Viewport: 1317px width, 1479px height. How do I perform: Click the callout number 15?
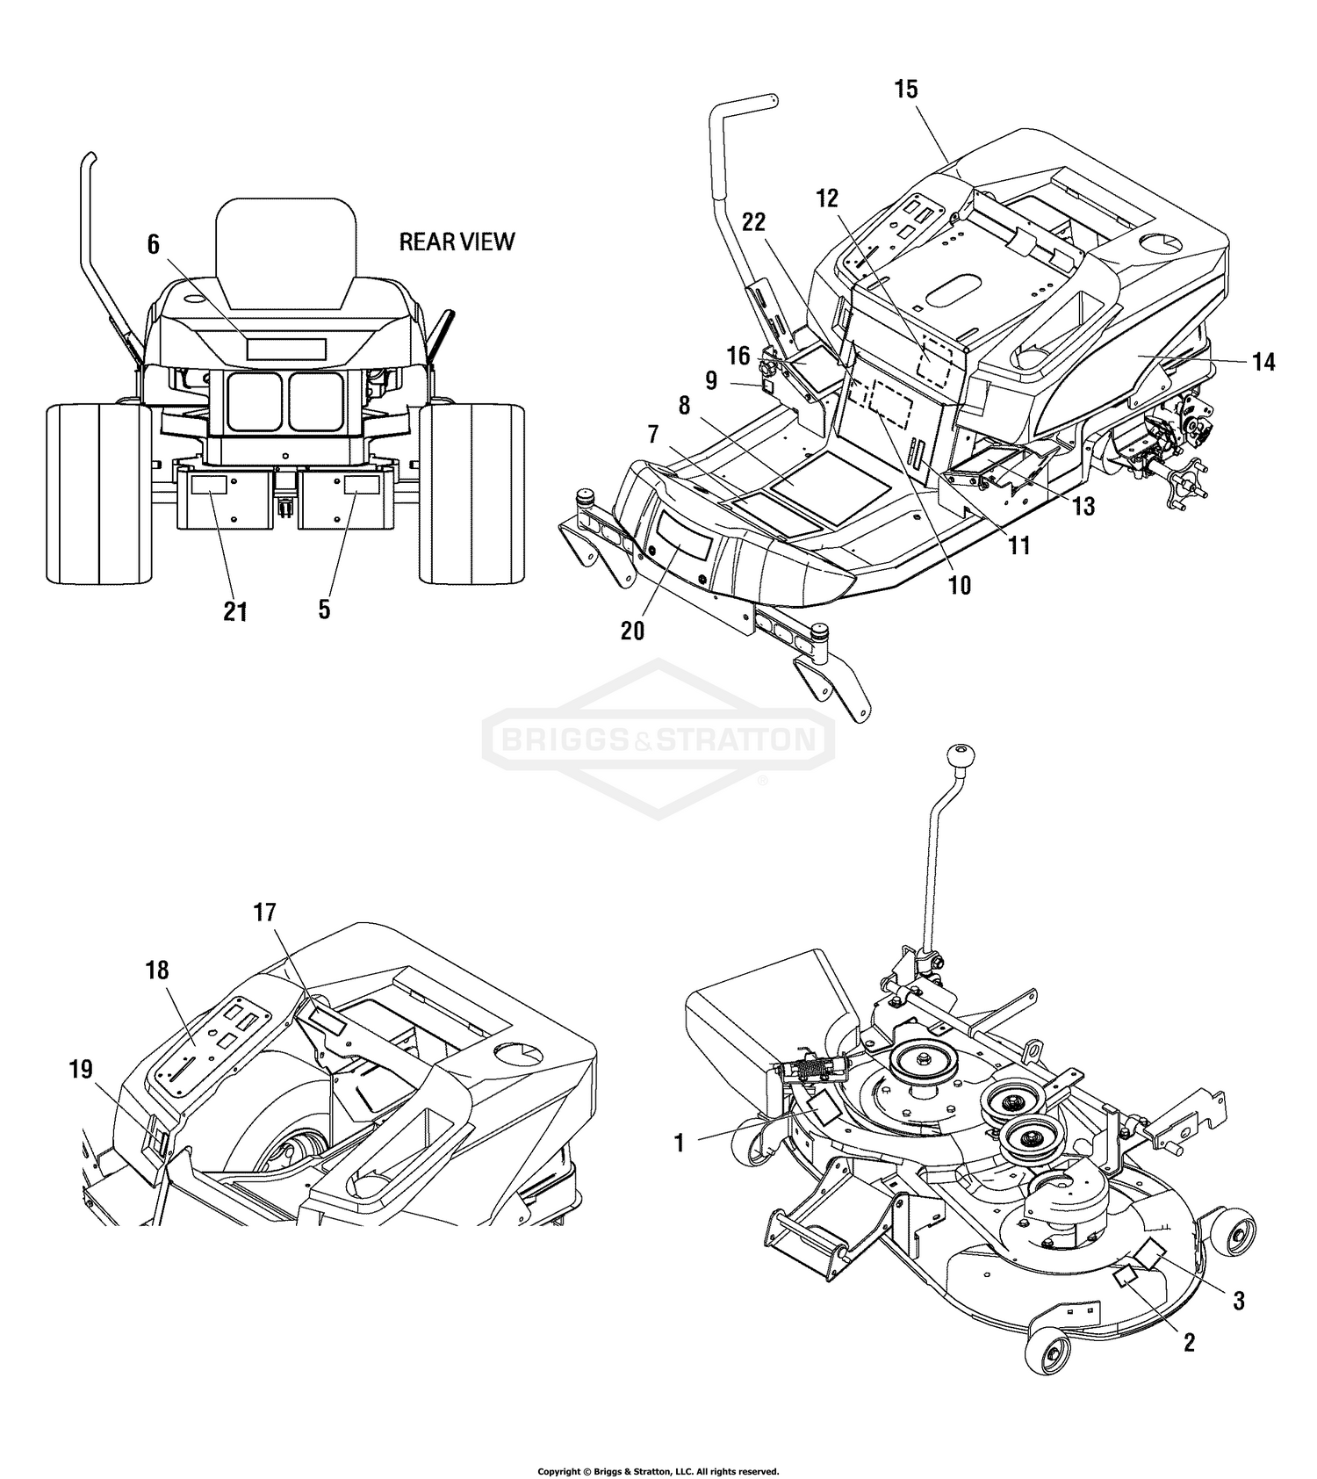coord(906,89)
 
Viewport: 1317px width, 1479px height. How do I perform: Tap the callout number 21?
coord(235,611)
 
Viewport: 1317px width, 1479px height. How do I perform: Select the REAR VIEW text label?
coord(457,242)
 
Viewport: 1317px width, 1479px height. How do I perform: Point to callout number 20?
coord(632,631)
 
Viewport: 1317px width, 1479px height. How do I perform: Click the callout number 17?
coord(264,913)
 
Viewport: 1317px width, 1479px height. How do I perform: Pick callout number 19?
coord(82,1069)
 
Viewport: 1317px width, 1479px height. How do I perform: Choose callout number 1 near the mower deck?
coord(678,1143)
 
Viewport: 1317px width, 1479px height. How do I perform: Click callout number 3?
coord(1238,1301)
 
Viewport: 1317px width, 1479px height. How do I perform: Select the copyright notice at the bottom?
coord(658,1471)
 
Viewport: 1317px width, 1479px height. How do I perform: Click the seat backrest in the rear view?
coord(287,253)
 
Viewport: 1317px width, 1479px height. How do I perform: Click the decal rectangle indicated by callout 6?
coord(286,349)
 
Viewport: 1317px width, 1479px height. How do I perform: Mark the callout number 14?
coord(1263,361)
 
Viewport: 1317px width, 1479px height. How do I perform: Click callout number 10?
coord(960,585)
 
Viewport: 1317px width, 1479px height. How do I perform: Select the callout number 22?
coord(754,223)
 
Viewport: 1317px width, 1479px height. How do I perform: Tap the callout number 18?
coord(158,970)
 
